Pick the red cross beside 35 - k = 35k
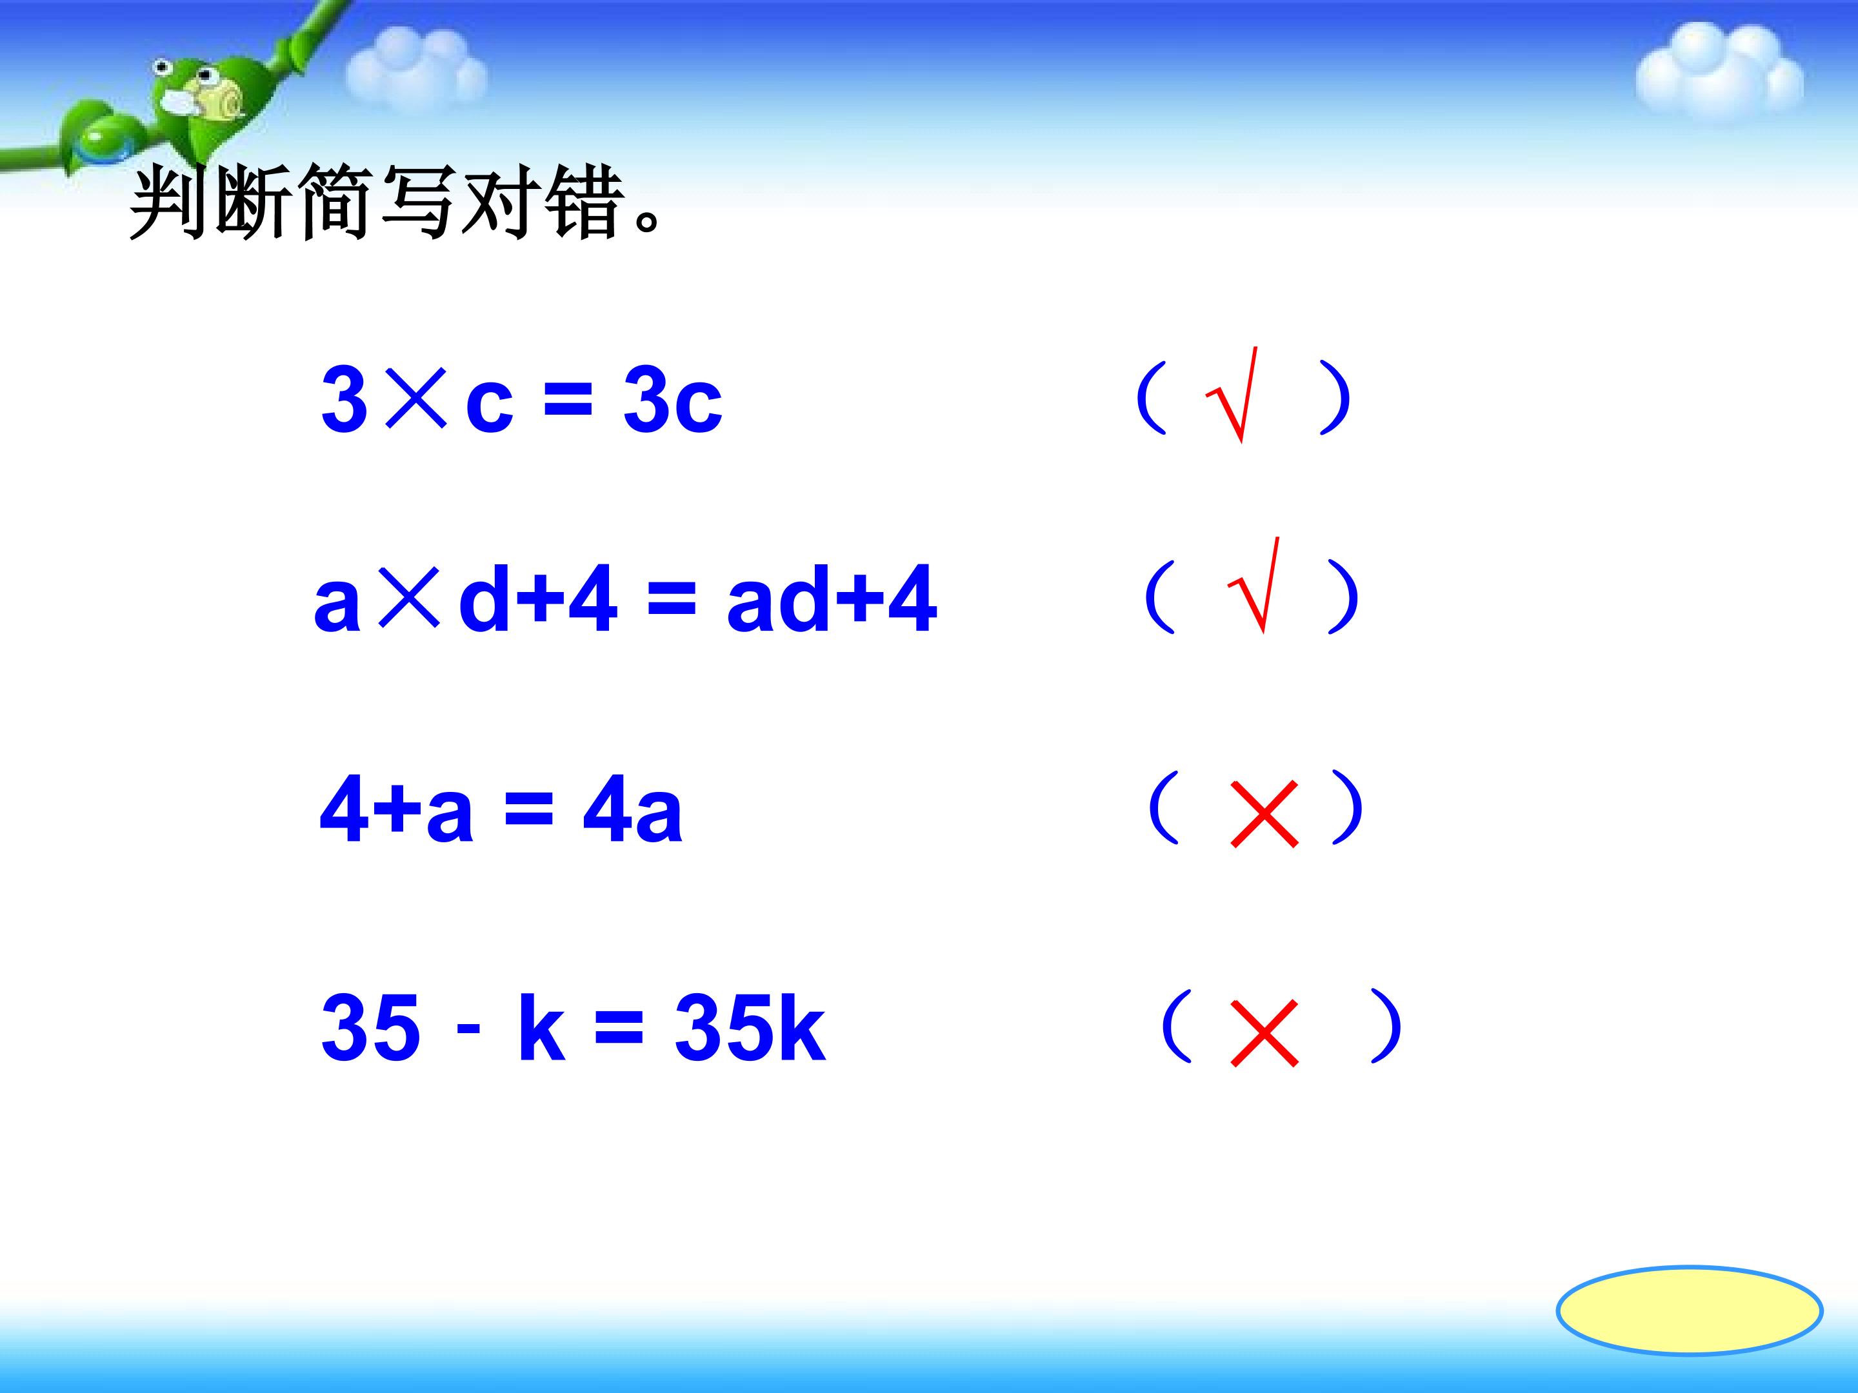(1263, 1032)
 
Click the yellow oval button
(1689, 1309)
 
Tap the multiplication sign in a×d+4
(409, 597)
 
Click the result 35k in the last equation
(749, 1028)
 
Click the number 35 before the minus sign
(370, 1028)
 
